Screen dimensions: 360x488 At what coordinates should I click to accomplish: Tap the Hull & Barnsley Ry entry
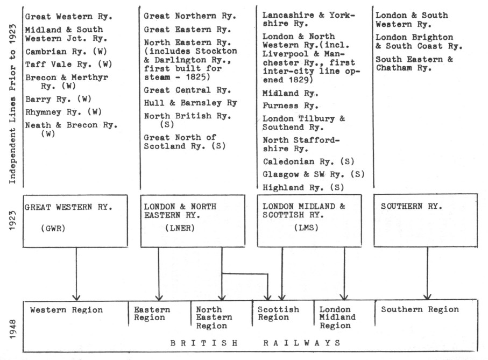190,103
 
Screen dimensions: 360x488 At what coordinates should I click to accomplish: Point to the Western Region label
66,310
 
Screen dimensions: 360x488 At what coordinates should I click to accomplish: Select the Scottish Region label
278,313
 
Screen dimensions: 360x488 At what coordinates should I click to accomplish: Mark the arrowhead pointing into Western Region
76,297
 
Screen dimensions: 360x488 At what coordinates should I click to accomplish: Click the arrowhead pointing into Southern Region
427,297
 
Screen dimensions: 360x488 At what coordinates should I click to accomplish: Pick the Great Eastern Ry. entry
187,30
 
